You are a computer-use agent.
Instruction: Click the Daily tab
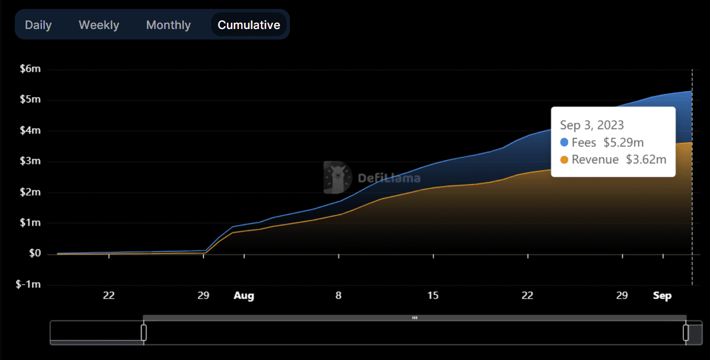(x=38, y=25)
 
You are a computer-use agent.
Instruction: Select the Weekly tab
(x=99, y=25)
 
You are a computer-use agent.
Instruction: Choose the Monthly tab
(x=169, y=25)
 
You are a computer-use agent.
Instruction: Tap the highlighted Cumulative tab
(x=249, y=25)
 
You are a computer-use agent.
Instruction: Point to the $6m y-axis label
(x=30, y=69)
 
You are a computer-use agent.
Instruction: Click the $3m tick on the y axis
(x=30, y=161)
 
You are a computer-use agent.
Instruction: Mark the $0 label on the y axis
(x=34, y=254)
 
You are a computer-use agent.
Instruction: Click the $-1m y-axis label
(x=28, y=285)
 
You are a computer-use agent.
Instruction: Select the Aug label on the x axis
(x=244, y=296)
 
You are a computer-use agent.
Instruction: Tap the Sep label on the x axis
(x=662, y=296)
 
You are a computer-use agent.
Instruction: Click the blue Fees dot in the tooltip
(x=564, y=143)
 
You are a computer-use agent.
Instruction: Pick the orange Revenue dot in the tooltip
(x=564, y=160)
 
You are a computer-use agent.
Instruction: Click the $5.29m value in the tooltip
(x=624, y=143)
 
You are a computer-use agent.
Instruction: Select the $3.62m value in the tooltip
(x=646, y=160)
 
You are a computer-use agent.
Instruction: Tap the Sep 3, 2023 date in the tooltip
(x=592, y=125)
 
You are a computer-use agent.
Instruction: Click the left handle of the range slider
(x=143, y=332)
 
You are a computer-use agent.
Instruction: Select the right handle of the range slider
(x=686, y=332)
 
